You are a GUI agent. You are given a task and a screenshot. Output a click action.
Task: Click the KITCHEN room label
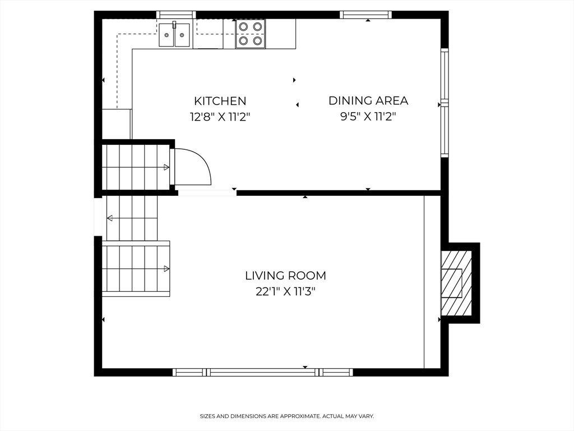pos(220,101)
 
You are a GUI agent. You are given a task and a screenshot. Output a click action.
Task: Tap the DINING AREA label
pos(368,100)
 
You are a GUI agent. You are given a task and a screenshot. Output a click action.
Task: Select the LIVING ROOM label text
pos(285,275)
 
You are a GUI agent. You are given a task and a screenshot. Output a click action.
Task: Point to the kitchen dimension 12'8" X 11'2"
pos(220,117)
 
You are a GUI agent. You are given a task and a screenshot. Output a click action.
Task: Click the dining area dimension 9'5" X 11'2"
pos(368,117)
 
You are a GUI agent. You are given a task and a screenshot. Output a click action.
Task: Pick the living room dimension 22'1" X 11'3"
pos(285,292)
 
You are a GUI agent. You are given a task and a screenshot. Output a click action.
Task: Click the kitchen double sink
pos(174,35)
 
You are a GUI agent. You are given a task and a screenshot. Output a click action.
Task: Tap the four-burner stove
pos(251,34)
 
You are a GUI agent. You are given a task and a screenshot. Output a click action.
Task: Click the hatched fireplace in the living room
pos(456,283)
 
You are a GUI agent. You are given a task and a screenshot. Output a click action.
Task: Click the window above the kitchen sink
pos(177,15)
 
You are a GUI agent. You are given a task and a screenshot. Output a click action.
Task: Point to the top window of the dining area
pos(365,15)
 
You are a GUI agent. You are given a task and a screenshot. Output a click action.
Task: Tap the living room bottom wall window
pos(263,373)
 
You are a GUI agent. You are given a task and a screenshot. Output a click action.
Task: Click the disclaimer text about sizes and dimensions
pos(286,416)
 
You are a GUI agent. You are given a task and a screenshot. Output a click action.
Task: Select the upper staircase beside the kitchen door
pos(136,167)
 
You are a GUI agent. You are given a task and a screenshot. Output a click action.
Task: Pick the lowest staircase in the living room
pos(136,268)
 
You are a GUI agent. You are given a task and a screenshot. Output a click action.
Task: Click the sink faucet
pos(174,25)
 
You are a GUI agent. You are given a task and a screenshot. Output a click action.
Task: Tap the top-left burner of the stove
pos(243,26)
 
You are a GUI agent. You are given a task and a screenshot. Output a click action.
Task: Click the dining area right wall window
pos(445,103)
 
